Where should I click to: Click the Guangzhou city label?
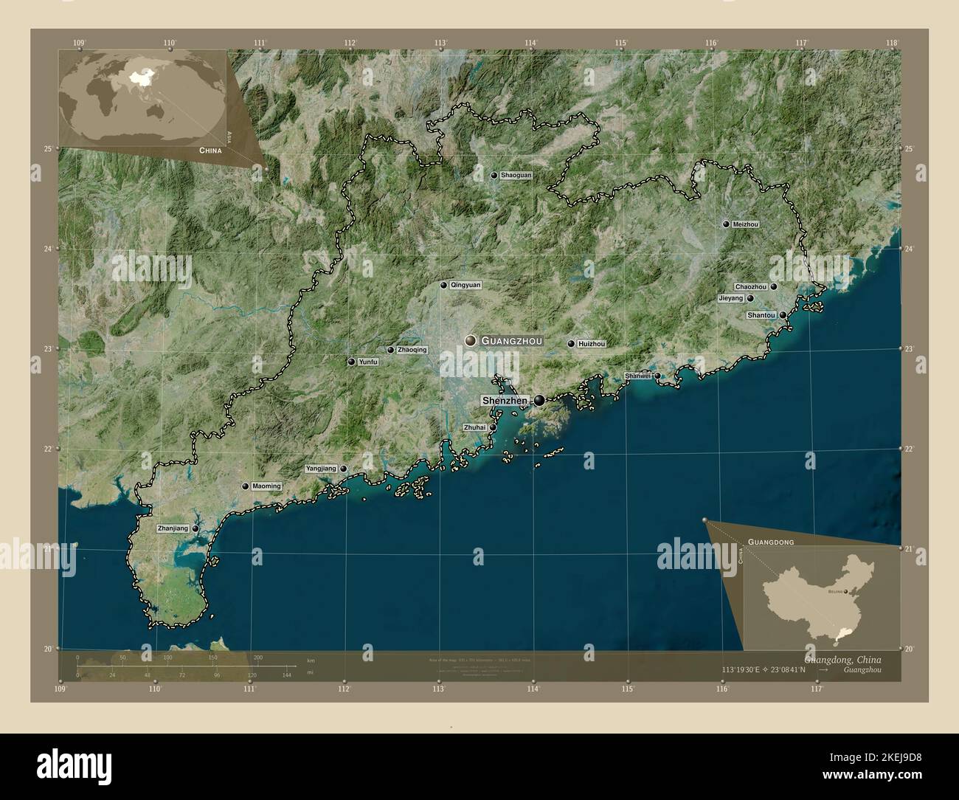point(511,341)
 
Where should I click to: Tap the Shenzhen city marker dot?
point(540,401)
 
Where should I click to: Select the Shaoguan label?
point(516,176)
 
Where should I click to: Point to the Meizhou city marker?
point(726,224)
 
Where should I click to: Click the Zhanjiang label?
point(173,529)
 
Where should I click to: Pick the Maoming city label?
point(266,486)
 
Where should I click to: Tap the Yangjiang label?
point(321,469)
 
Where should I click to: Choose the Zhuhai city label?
point(475,427)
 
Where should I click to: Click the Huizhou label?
point(592,344)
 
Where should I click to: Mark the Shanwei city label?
point(638,376)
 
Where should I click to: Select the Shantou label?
point(761,315)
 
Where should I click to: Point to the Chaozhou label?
point(751,286)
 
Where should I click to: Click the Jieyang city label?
point(730,299)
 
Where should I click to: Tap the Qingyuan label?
point(465,285)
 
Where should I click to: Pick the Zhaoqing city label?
point(412,350)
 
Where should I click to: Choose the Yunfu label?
point(367,362)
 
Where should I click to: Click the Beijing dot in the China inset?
point(846,591)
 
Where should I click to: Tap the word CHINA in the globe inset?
point(210,150)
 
